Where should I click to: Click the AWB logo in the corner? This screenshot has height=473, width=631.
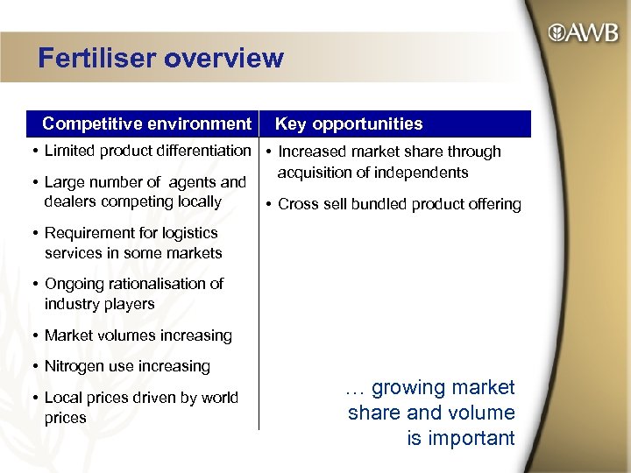582,34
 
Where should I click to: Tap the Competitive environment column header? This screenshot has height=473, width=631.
146,124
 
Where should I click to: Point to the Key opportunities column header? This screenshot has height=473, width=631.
349,124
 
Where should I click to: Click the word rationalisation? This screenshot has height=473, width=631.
154,284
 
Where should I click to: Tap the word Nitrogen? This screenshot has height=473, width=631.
74,366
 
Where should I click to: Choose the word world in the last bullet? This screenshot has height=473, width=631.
220,398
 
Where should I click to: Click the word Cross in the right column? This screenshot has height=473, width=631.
298,204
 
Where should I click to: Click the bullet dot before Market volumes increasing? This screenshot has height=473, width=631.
34,335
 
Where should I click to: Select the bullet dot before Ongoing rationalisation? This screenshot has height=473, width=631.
34,284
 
